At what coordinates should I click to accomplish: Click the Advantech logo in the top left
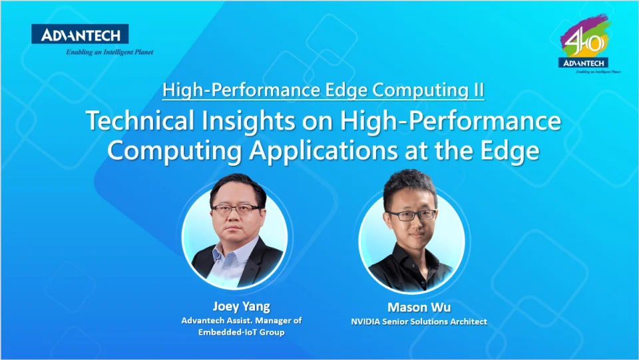click(x=80, y=34)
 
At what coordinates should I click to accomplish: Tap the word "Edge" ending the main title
click(x=511, y=150)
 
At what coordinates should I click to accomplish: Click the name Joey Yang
click(x=241, y=306)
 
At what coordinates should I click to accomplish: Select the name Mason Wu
click(x=419, y=307)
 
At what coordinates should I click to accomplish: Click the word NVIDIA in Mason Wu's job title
click(x=368, y=322)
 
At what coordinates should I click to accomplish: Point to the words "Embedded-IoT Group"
click(x=241, y=332)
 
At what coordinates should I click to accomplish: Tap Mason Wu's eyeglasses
click(x=411, y=215)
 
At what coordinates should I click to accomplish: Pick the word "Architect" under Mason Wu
click(x=467, y=322)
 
